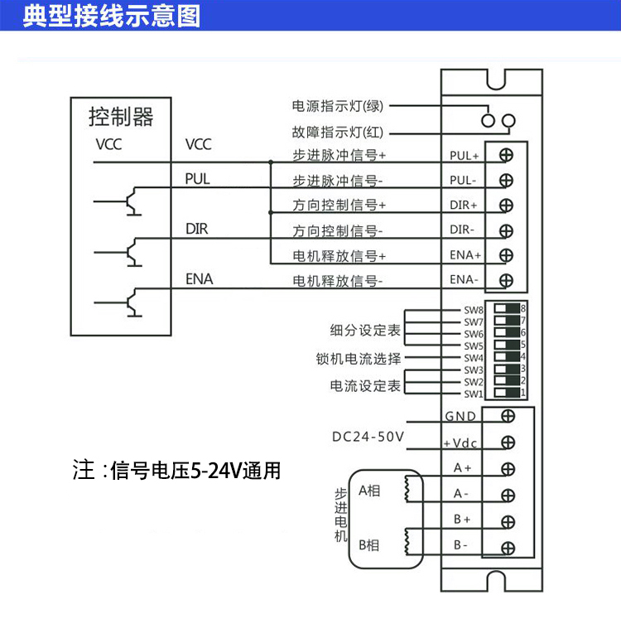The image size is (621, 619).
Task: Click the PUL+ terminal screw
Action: tap(506, 154)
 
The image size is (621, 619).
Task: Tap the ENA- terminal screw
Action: tap(506, 280)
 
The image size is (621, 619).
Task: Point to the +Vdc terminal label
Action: tap(461, 442)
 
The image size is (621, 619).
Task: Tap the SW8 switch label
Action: tap(473, 310)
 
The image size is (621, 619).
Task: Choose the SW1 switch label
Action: tap(473, 394)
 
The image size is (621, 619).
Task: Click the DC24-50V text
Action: tap(367, 436)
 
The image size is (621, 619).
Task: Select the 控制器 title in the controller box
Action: tap(121, 117)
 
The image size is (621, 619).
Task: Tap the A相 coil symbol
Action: tap(406, 490)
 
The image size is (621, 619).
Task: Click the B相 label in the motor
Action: tap(369, 544)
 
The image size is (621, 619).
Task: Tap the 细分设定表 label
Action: tap(365, 331)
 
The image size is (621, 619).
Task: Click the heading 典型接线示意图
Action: tap(111, 16)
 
